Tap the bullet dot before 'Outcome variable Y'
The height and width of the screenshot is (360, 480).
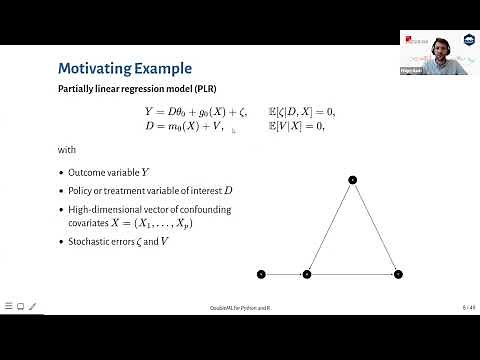click(61, 172)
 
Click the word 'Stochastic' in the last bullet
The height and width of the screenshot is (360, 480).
click(89, 243)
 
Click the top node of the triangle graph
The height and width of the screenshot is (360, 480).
click(352, 180)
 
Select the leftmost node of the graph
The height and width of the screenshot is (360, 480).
click(261, 273)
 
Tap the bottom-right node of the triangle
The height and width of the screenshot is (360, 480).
click(398, 273)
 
